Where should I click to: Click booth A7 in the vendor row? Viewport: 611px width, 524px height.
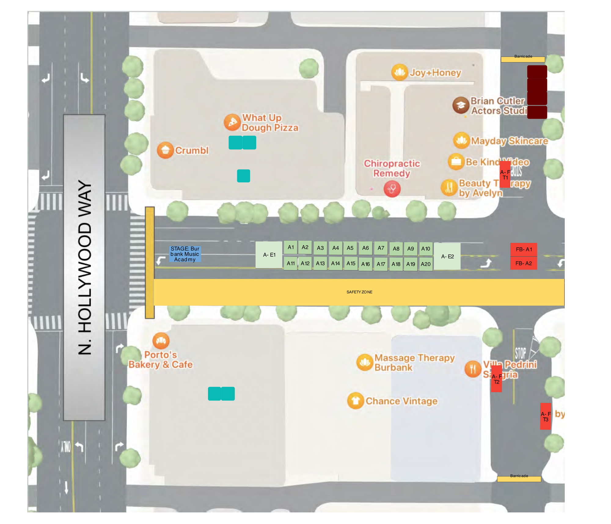(381, 248)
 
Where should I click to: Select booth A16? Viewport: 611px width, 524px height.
(365, 264)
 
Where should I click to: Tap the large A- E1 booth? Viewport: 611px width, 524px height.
(269, 255)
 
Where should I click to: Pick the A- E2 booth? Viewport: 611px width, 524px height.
(447, 256)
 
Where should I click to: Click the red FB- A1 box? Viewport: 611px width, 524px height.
(524, 249)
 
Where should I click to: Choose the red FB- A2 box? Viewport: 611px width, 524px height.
(524, 263)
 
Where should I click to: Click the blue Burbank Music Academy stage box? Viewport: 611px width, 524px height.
(185, 254)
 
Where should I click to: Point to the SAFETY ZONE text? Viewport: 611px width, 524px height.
(359, 292)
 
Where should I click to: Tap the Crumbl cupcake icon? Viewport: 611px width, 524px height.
(165, 150)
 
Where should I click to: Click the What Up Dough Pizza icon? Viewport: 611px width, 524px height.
(232, 122)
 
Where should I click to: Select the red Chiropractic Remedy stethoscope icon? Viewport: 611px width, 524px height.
(392, 189)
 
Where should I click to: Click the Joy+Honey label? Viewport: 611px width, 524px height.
(435, 73)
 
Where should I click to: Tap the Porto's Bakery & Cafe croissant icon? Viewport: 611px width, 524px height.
(161, 341)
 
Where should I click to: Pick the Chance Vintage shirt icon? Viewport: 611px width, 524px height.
(355, 401)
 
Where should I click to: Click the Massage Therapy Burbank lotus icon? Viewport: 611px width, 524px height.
(364, 362)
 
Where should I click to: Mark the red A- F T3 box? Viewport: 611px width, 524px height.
(546, 416)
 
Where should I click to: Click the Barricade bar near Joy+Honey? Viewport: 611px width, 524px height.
(523, 59)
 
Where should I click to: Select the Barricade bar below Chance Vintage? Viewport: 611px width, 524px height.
(519, 478)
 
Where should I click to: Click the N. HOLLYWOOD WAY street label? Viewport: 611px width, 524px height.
(84, 267)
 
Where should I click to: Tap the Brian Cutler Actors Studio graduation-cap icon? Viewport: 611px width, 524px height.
(461, 105)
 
